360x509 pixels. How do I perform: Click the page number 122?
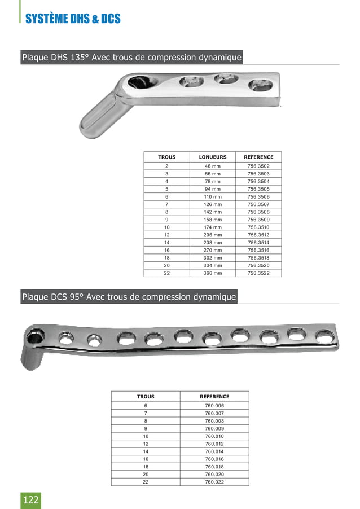tap(31, 499)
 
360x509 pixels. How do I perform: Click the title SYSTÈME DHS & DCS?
tap(73, 19)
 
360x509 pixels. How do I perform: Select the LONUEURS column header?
tap(213, 157)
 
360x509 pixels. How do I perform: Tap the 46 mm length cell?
tap(213, 166)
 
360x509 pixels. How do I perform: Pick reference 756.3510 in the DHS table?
tap(259, 227)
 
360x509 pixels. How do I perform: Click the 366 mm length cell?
tap(213, 273)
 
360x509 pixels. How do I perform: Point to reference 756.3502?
tap(259, 166)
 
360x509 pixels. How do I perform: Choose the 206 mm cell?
tap(213, 235)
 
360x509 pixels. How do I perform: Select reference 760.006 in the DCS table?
tap(214, 406)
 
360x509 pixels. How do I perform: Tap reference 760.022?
tap(214, 482)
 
